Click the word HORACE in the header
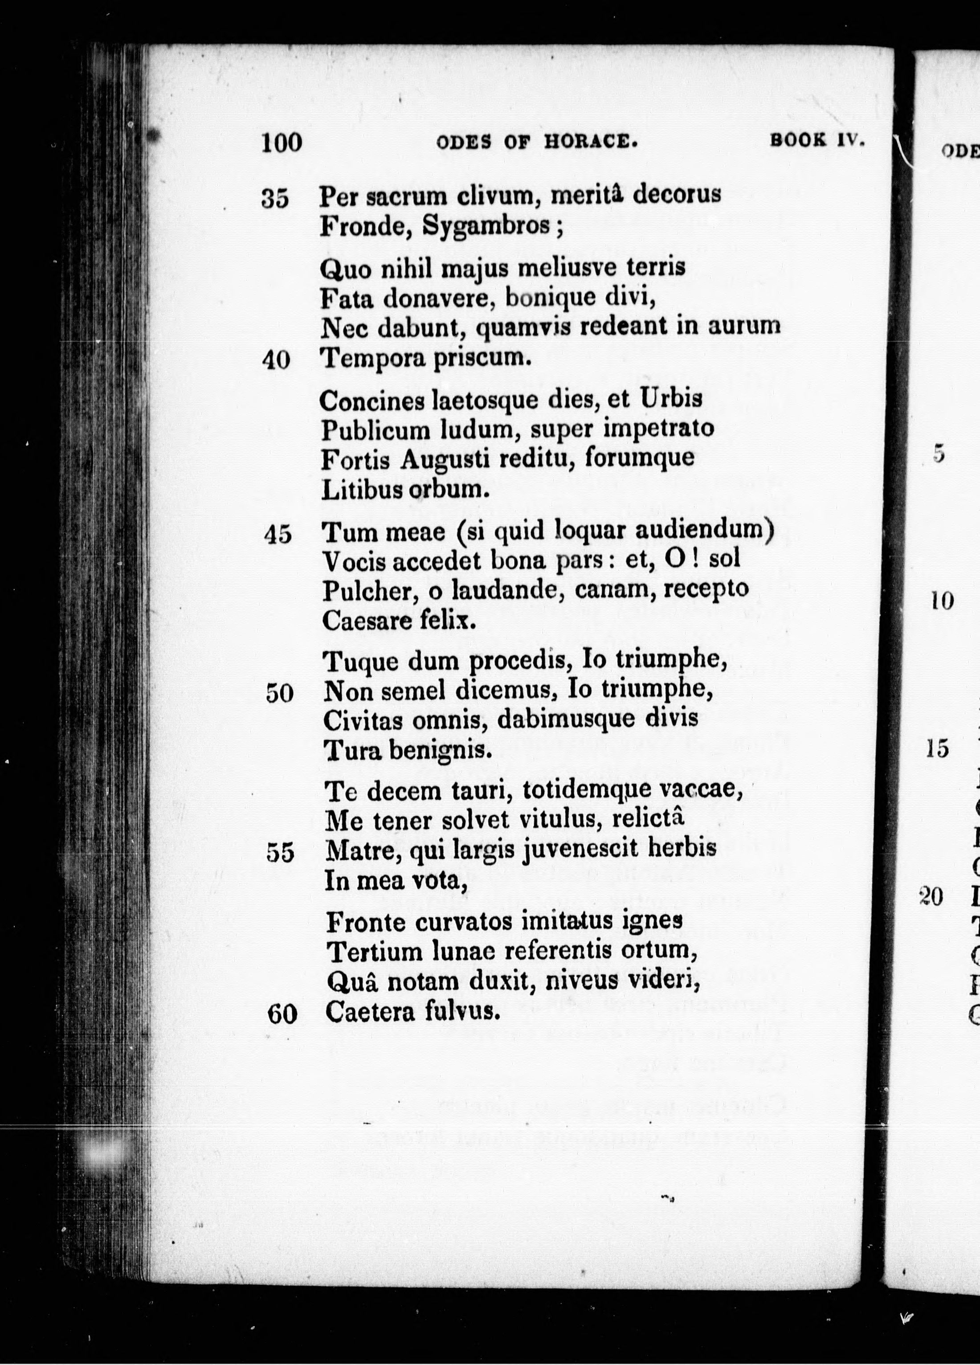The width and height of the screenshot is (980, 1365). tap(590, 143)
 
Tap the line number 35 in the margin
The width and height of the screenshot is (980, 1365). tap(275, 199)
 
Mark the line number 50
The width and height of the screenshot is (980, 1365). tap(279, 694)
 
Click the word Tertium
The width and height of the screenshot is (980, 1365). tap(375, 952)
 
